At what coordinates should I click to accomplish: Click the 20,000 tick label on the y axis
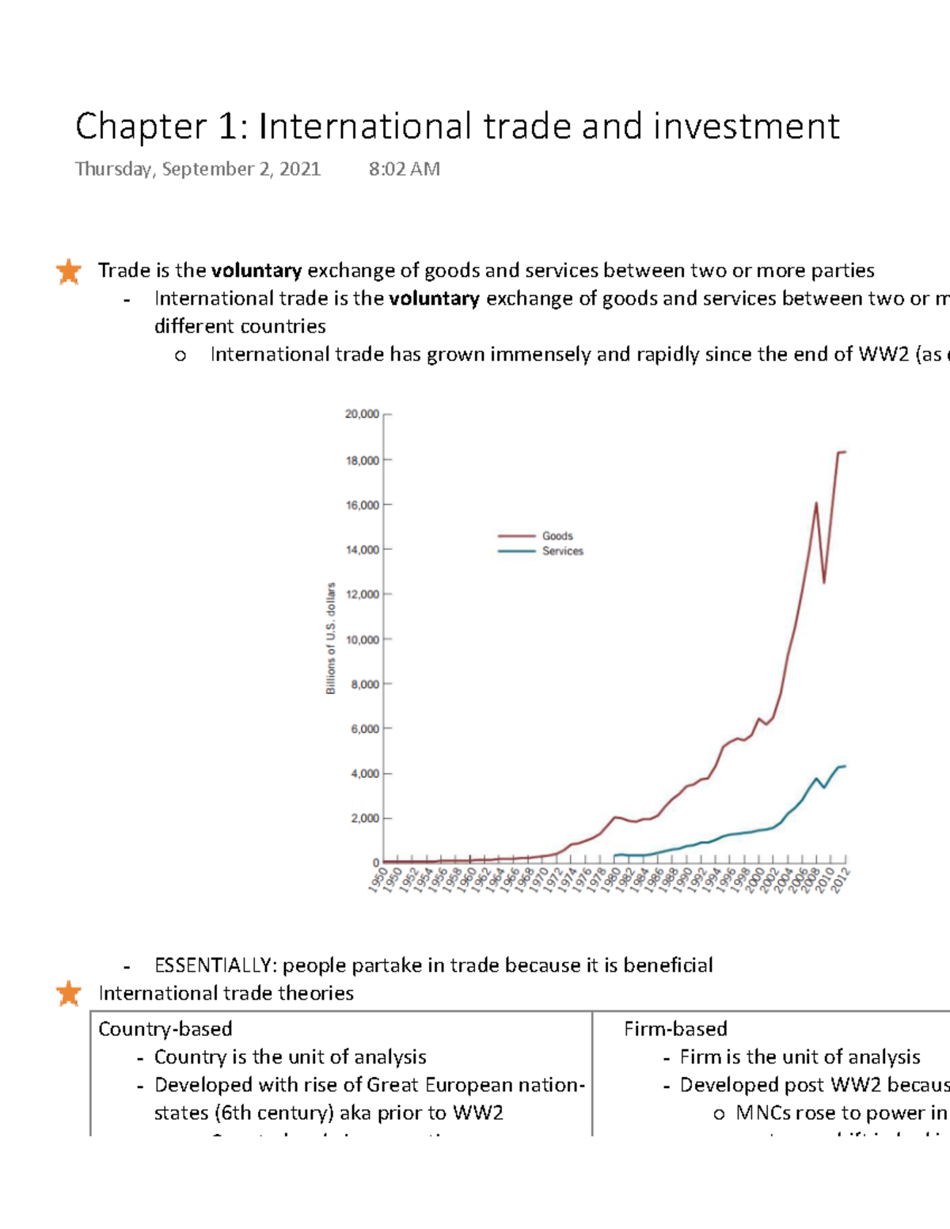[x=362, y=414]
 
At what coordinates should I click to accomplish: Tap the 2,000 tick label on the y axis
[x=365, y=818]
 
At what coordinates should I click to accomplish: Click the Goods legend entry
[x=557, y=536]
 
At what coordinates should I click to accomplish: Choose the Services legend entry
[x=562, y=551]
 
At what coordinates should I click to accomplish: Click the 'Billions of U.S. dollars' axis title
[x=331, y=638]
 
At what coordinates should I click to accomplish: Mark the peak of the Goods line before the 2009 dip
[x=816, y=503]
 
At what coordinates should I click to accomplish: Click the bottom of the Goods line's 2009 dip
[x=824, y=582]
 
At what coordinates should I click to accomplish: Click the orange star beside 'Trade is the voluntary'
[x=69, y=271]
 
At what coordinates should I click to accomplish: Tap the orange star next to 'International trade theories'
[x=69, y=993]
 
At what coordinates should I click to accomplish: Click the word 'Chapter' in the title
[x=141, y=127]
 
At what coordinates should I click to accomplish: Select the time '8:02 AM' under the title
[x=404, y=169]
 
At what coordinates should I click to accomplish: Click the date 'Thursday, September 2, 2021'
[x=198, y=169]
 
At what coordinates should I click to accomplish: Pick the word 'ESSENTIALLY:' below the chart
[x=215, y=965]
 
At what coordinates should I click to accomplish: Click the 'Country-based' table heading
[x=165, y=1029]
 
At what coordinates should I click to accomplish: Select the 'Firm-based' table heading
[x=675, y=1029]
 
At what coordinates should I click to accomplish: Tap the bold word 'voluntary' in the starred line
[x=256, y=271]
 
